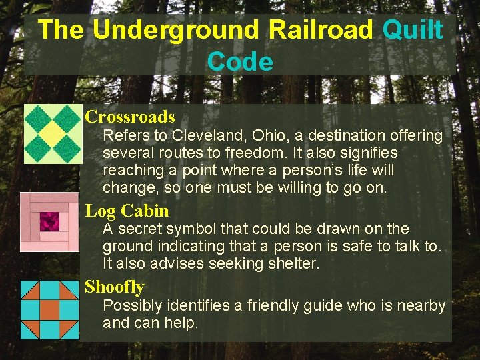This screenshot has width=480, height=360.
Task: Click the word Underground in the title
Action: click(175, 30)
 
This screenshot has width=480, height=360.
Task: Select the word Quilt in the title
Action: click(414, 30)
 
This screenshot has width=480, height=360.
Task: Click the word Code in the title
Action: click(240, 62)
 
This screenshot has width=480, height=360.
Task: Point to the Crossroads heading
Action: click(130, 117)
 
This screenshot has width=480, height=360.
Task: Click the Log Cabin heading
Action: click(127, 211)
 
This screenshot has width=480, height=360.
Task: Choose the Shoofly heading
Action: click(115, 287)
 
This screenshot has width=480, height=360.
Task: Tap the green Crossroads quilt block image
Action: click(53, 134)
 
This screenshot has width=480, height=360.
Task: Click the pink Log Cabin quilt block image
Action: click(49, 222)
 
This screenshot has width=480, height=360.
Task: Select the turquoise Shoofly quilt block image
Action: click(49, 309)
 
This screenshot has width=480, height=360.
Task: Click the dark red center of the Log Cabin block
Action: click(50, 221)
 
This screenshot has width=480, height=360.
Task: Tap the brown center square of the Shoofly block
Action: click(49, 309)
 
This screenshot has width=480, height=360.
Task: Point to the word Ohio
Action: click(262, 136)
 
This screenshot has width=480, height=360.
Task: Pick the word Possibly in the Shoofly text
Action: click(131, 306)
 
